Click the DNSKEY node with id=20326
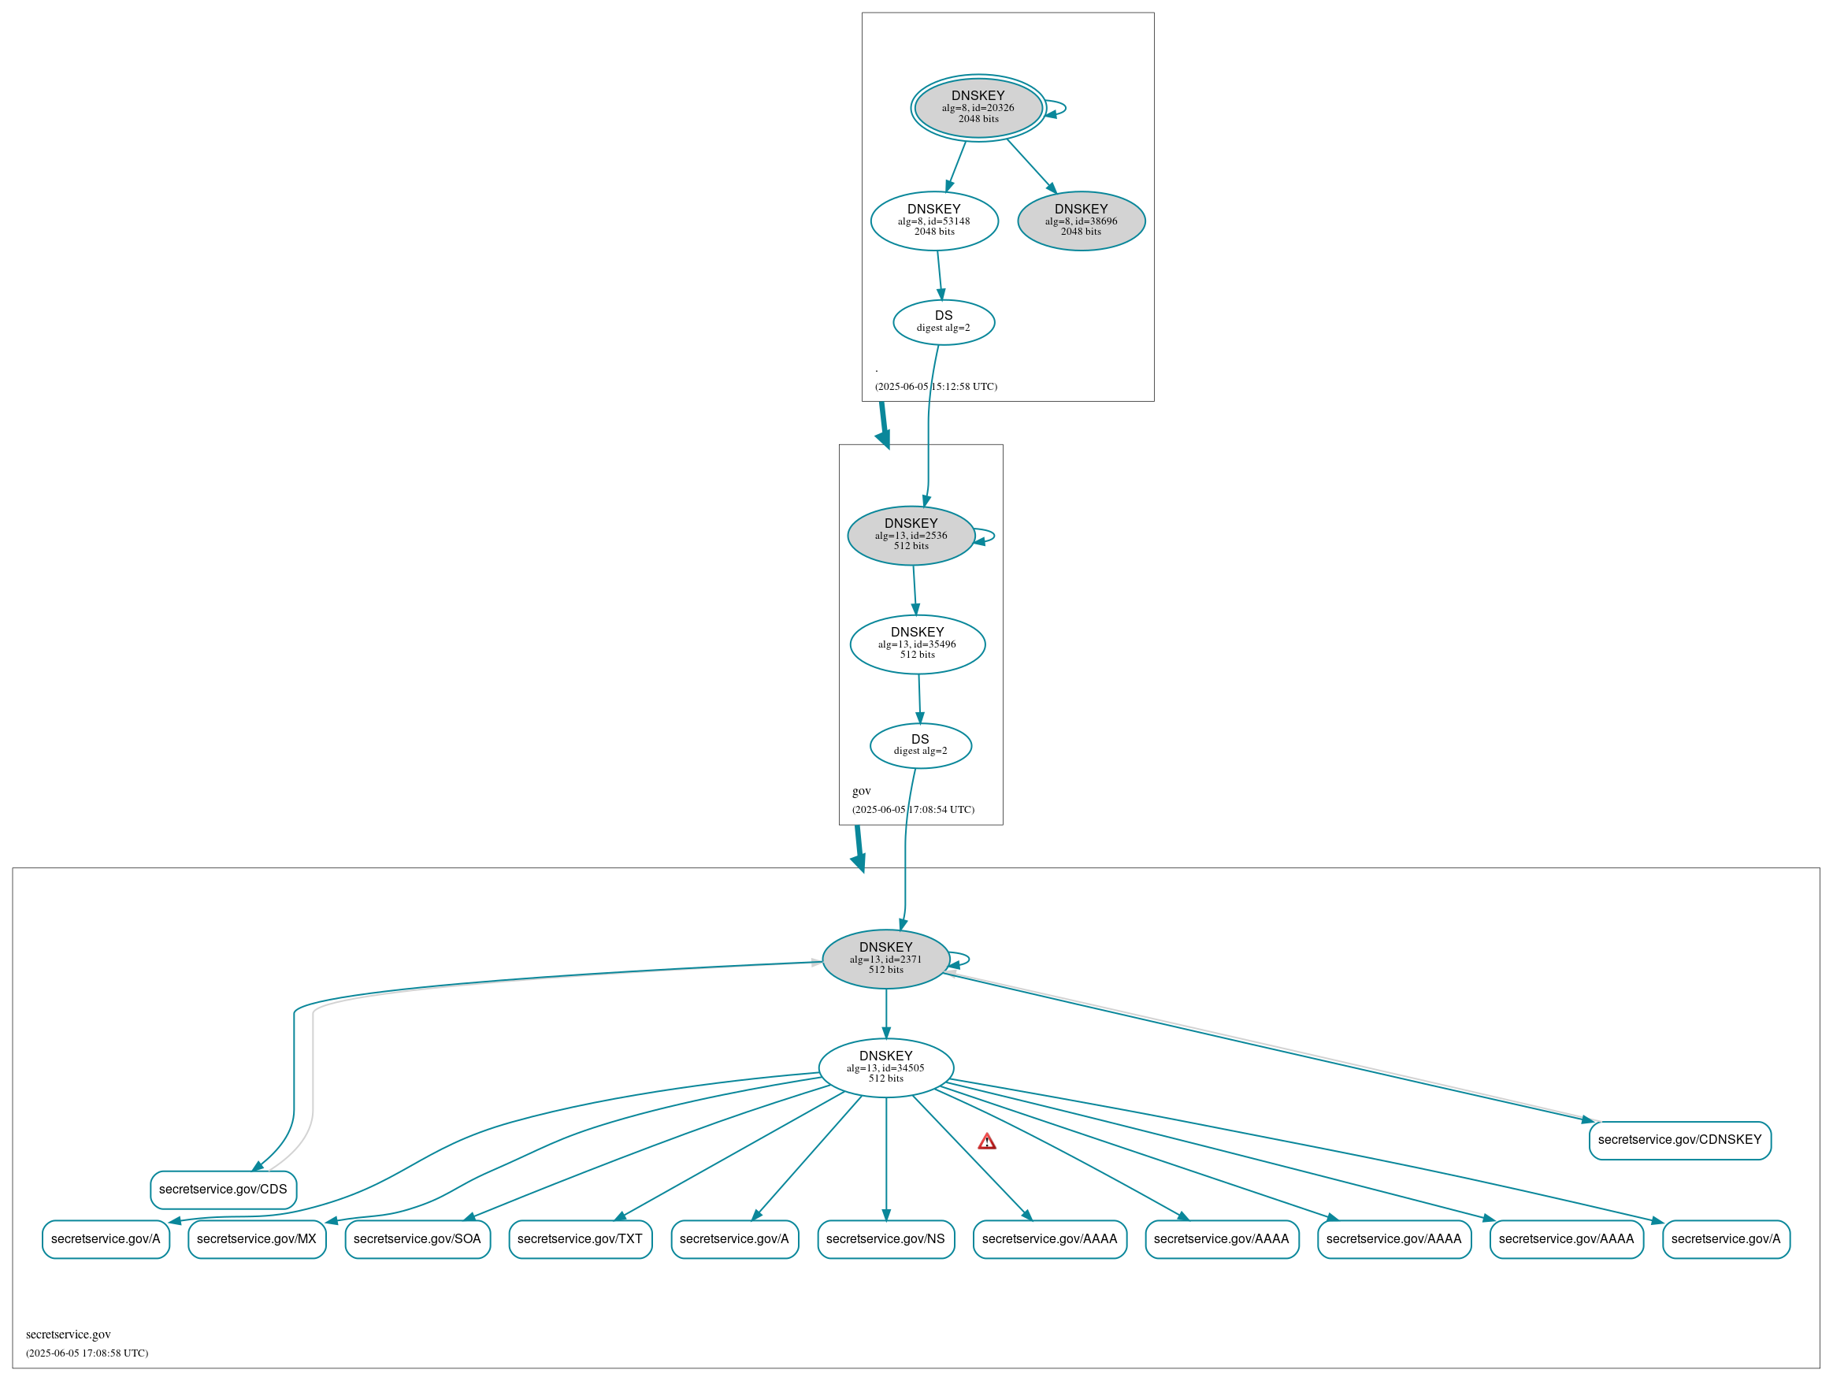[x=978, y=108]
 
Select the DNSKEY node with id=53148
[x=934, y=221]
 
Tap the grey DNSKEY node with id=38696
[x=1081, y=221]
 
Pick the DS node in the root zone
[x=943, y=322]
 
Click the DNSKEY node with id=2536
[x=911, y=536]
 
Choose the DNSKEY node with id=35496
[x=918, y=644]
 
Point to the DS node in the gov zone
[x=920, y=745]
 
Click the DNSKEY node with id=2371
[x=886, y=959]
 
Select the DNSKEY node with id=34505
[x=886, y=1067]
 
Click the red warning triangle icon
[x=986, y=1142]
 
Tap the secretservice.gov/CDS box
[x=223, y=1190]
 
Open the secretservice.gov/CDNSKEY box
[x=1679, y=1140]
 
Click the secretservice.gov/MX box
[x=257, y=1239]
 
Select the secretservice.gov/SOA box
[x=417, y=1239]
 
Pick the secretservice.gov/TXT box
[x=580, y=1239]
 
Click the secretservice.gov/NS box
[x=886, y=1239]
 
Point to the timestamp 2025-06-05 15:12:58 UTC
[x=937, y=386]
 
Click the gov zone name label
[x=862, y=791]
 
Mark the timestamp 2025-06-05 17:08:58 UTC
[x=87, y=1353]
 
